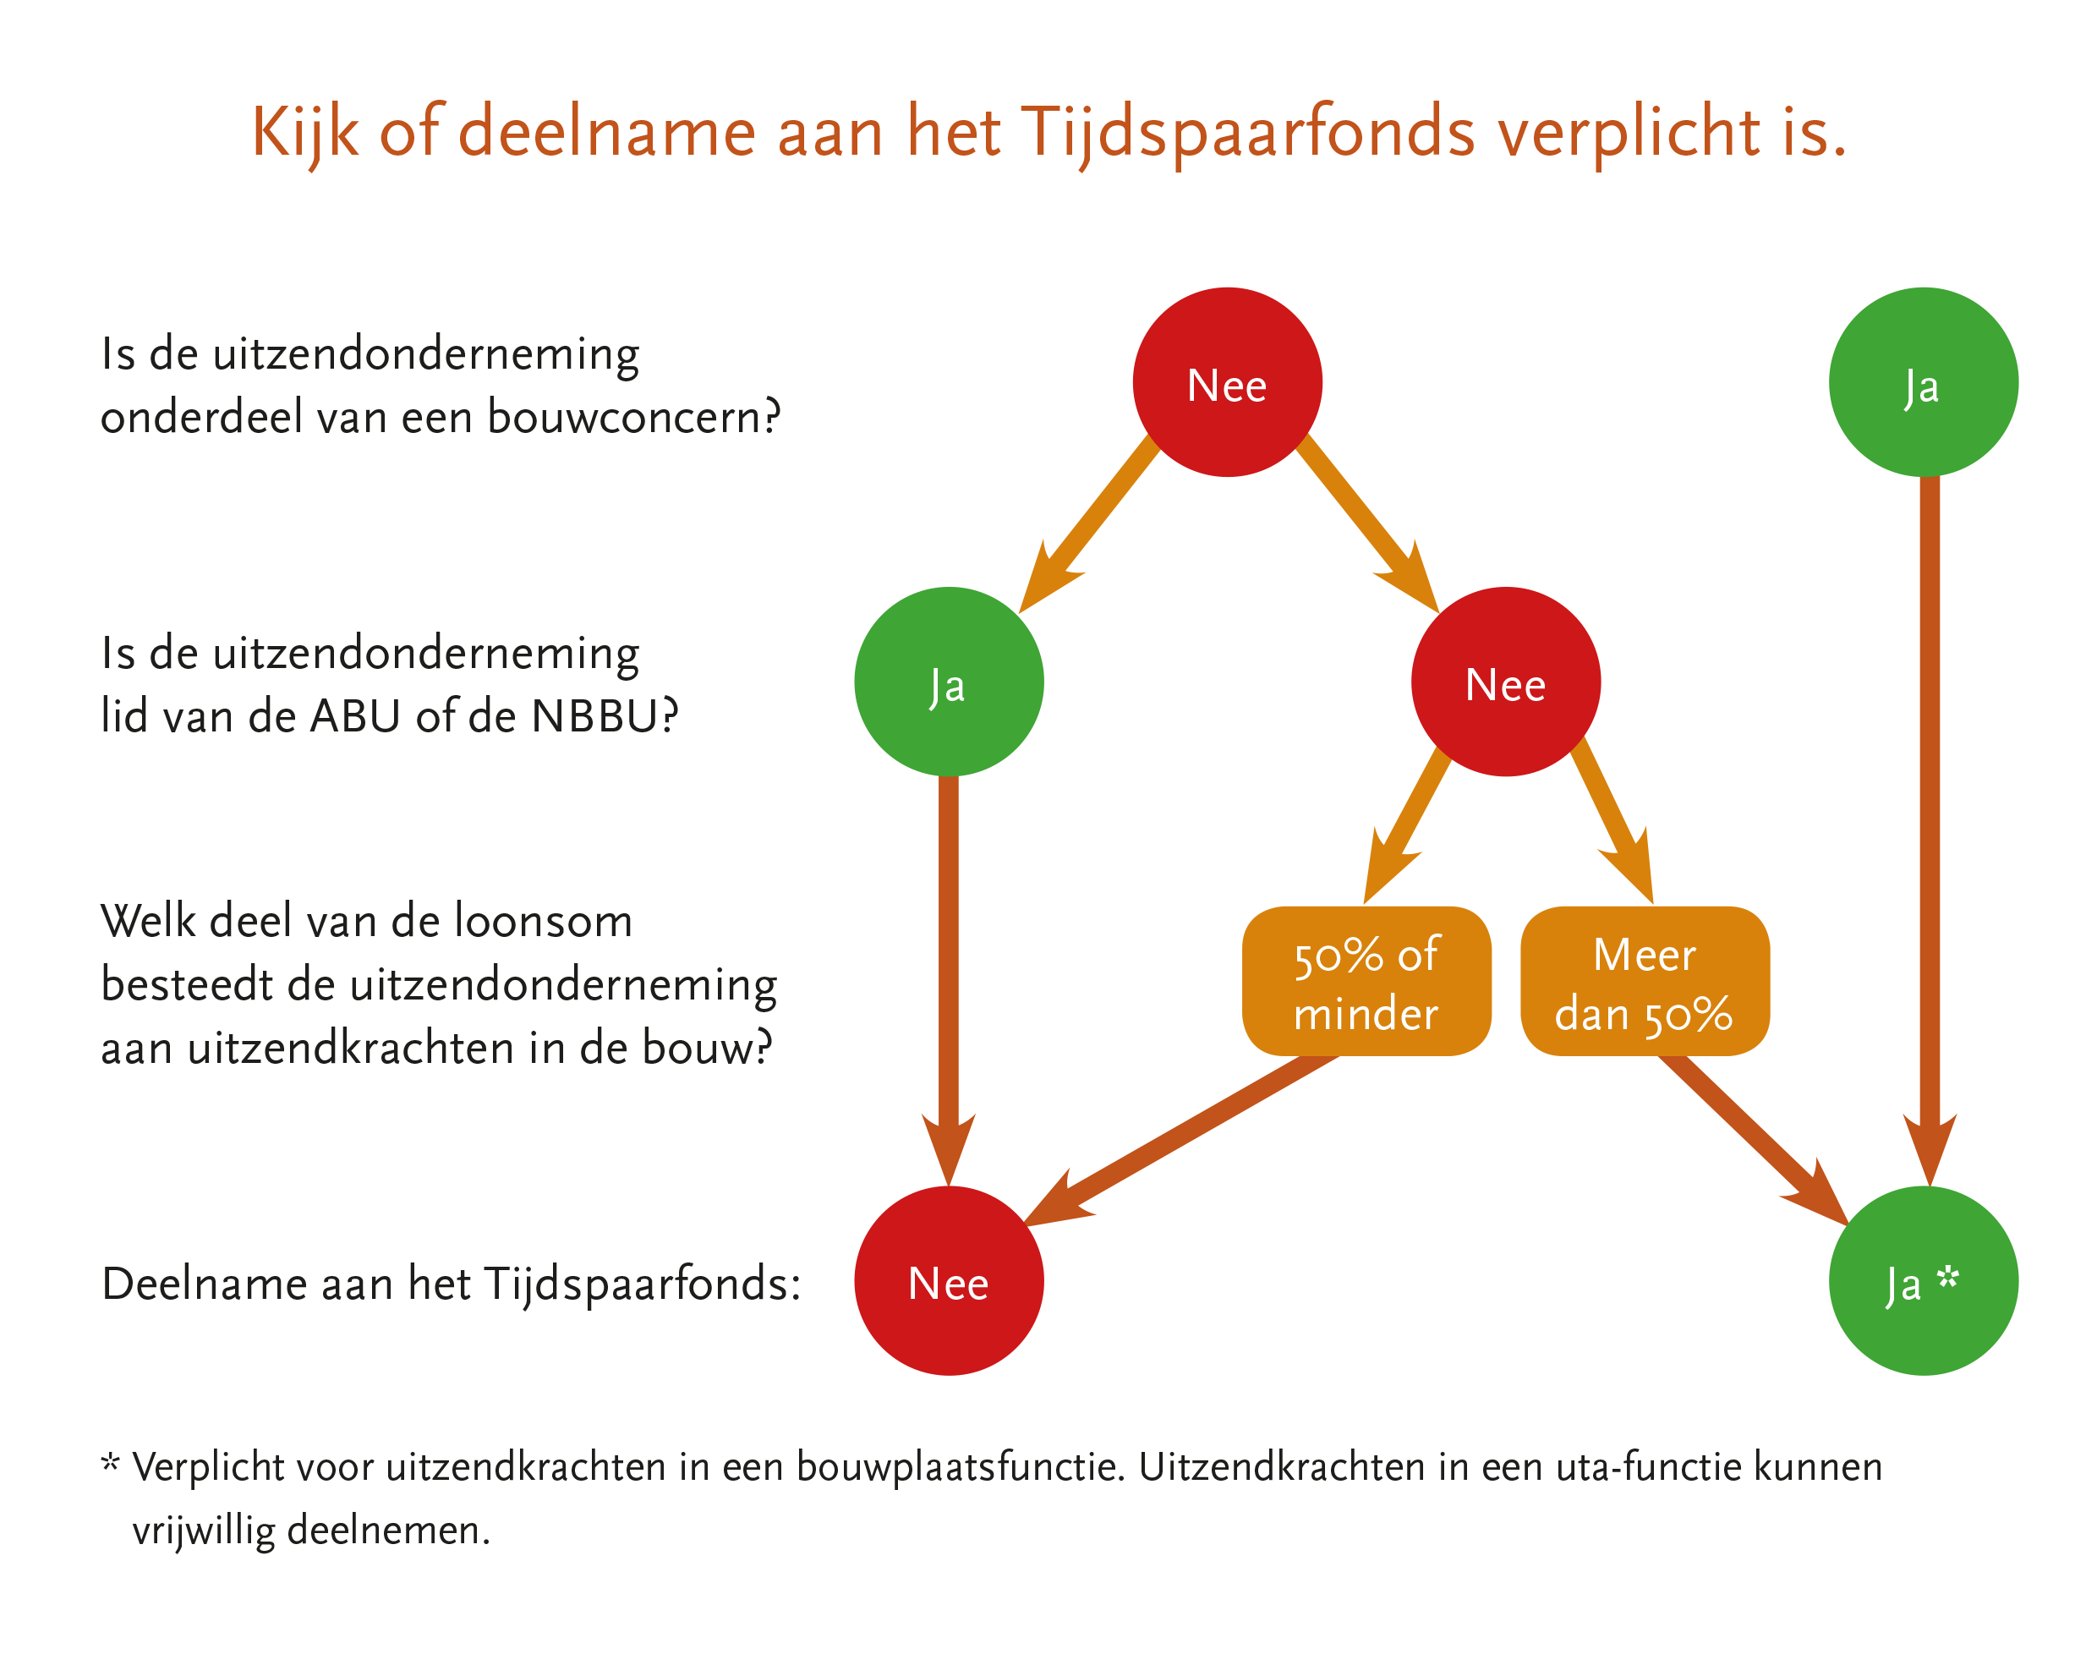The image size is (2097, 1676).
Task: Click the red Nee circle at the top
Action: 1228,382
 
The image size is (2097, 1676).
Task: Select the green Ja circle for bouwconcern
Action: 1923,382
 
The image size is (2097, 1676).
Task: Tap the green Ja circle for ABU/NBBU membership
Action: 950,682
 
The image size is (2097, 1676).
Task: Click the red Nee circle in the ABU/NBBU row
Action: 1506,682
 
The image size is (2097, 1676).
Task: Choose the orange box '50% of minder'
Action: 1366,982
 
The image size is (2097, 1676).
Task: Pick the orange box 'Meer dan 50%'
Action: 1645,982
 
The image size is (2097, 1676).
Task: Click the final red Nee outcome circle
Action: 950,1281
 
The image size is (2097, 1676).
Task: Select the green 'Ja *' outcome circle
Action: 1923,1281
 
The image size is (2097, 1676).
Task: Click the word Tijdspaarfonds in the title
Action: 1248,134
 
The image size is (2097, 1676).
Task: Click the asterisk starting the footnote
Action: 111,1461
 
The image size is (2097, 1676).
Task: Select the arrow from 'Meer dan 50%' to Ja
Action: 1755,1140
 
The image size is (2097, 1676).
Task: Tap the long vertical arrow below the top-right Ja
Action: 1930,832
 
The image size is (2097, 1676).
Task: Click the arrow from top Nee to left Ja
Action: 1087,526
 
